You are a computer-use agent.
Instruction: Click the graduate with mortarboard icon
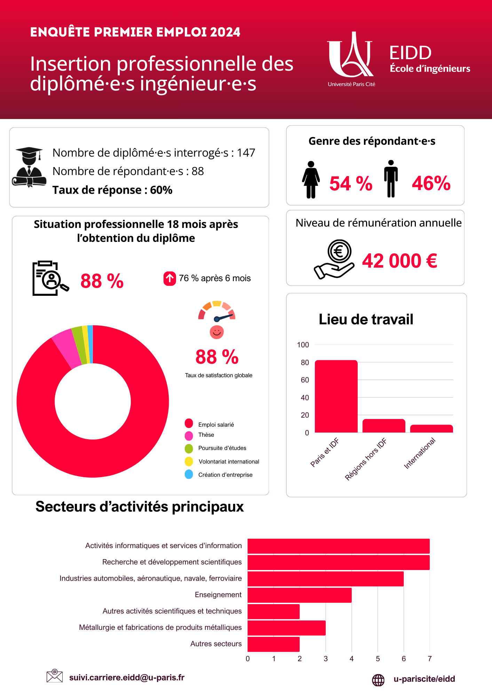[x=29, y=167]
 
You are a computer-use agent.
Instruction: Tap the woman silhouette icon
[x=311, y=180]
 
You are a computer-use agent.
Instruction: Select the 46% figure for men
[x=431, y=183]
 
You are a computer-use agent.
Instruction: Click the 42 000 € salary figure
[x=399, y=261]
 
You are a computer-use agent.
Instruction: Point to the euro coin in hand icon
[x=335, y=259]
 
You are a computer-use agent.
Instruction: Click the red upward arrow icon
[x=170, y=278]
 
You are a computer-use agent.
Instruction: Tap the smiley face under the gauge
[x=216, y=332]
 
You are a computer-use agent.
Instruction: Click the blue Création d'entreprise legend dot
[x=189, y=475]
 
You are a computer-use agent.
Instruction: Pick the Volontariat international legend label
[x=229, y=461]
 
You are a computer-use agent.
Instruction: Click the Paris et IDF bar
[x=336, y=396]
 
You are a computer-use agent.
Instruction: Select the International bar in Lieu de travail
[x=431, y=429]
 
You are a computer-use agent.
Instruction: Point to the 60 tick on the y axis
[x=305, y=380]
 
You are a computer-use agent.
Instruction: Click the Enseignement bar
[x=299, y=595]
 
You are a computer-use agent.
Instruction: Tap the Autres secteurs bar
[x=273, y=644]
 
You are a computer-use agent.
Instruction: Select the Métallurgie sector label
[x=160, y=627]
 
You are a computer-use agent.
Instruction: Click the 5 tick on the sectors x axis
[x=378, y=659]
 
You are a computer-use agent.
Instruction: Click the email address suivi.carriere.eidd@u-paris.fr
[x=127, y=677]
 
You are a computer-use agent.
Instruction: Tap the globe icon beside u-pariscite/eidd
[x=378, y=680]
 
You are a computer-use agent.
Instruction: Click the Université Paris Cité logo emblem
[x=350, y=56]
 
